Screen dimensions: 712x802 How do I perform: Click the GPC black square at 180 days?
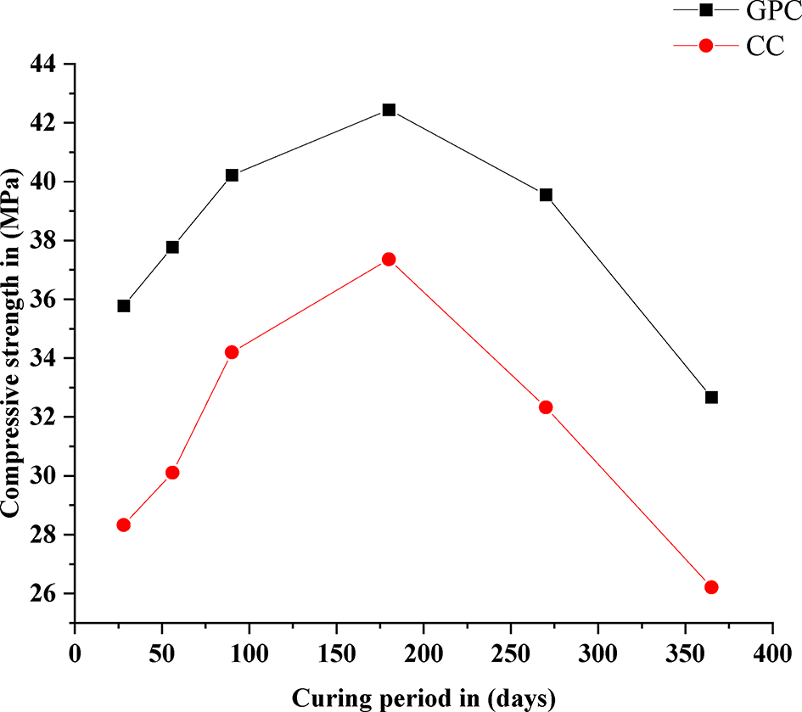point(389,109)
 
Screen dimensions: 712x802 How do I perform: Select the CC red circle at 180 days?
point(389,259)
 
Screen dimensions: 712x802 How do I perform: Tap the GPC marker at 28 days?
point(124,306)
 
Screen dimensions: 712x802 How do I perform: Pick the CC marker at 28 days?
point(124,524)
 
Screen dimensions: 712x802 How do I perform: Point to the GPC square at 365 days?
point(711,397)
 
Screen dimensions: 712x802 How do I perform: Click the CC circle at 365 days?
point(711,587)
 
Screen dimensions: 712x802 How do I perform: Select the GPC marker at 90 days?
point(232,175)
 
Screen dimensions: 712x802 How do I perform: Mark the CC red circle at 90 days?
point(232,352)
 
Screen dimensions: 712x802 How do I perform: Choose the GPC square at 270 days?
point(546,194)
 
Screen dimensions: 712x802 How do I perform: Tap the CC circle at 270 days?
point(546,407)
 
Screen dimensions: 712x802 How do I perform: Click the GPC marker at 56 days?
point(172,247)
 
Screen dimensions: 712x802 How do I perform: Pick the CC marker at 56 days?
point(172,473)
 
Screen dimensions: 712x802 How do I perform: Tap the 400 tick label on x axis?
point(771,654)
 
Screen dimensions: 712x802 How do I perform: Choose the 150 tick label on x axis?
point(336,654)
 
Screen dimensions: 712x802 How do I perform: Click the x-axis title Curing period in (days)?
point(423,698)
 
